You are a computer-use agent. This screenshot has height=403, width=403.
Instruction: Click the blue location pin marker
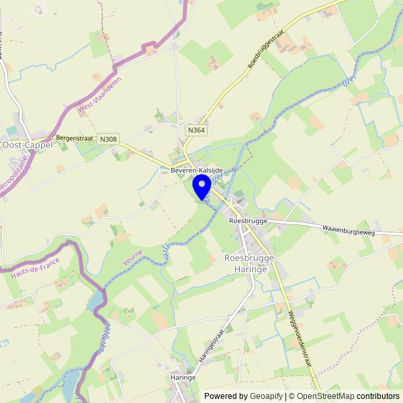point(201,185)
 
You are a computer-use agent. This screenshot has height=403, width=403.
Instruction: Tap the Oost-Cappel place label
point(28,144)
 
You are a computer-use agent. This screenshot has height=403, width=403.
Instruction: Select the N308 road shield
point(107,139)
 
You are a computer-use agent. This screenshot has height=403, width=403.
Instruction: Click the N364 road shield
point(195,130)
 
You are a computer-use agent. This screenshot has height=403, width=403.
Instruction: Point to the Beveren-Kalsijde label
point(196,171)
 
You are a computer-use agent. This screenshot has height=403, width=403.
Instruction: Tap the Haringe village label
point(183,377)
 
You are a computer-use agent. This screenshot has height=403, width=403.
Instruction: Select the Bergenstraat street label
point(75,137)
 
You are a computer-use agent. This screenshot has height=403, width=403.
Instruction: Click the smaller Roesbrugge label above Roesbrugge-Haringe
point(248,220)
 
